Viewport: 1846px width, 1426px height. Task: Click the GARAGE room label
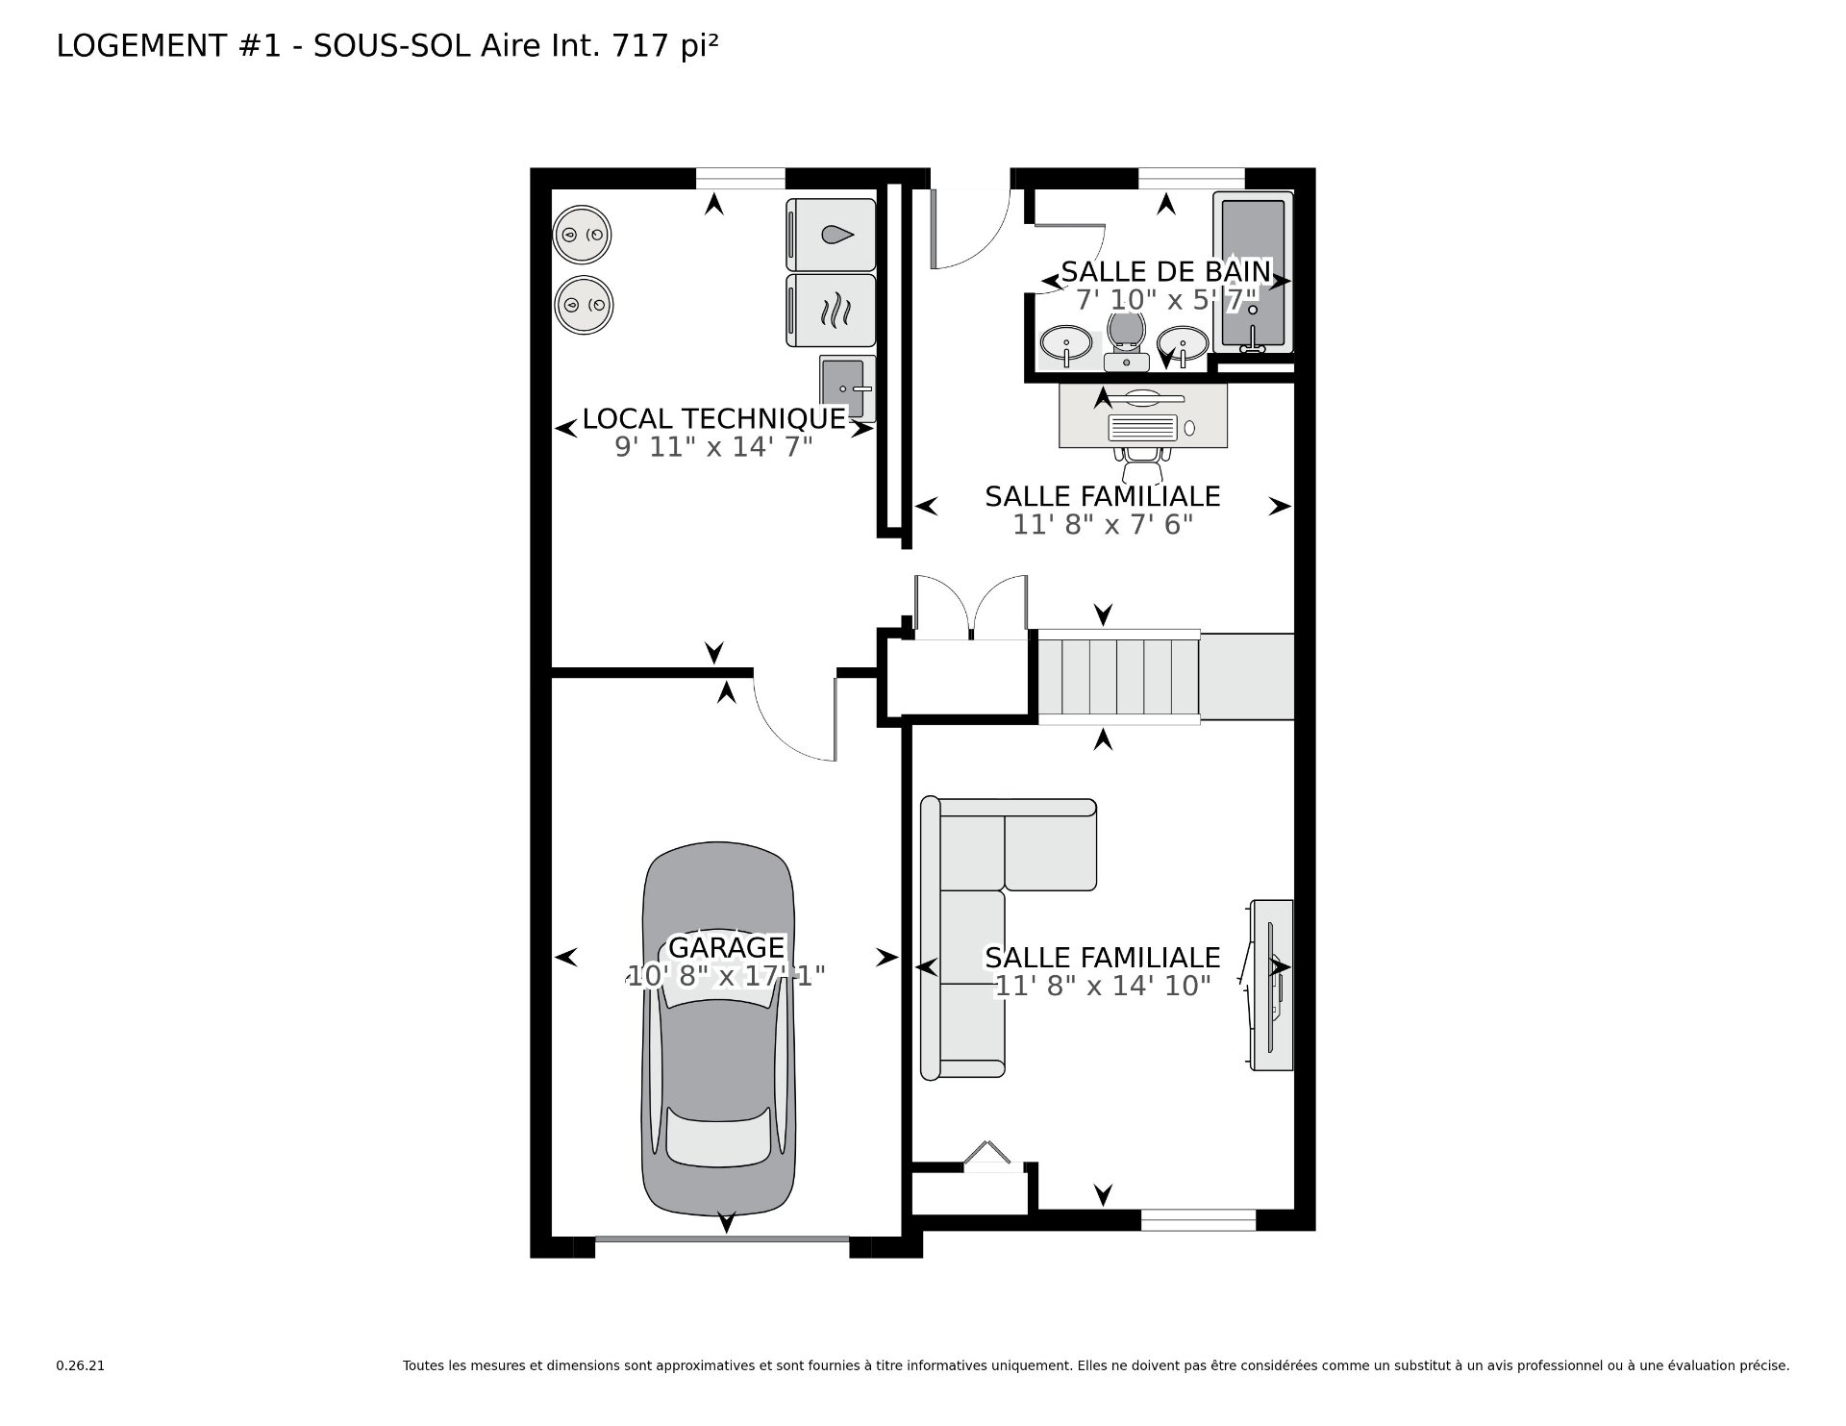[726, 947]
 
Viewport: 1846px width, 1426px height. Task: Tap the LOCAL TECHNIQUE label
[714, 418]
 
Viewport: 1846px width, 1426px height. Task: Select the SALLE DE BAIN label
[1166, 271]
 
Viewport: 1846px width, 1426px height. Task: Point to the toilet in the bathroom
[1125, 341]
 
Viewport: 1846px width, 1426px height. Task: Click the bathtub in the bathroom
[1253, 273]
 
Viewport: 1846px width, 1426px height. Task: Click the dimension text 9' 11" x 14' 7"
[714, 447]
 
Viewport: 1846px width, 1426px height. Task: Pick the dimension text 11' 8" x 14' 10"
[1103, 986]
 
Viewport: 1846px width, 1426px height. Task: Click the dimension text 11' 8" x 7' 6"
[1103, 524]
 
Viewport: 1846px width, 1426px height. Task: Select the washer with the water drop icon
[832, 235]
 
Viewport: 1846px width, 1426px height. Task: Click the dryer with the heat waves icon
[832, 311]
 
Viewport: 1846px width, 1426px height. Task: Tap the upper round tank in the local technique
[583, 235]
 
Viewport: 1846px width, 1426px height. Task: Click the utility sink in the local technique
[848, 387]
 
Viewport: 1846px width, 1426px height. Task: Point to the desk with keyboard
[1143, 415]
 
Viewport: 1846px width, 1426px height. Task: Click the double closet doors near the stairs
[972, 607]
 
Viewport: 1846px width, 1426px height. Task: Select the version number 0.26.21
[80, 1365]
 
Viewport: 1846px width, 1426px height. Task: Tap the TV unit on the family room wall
[1271, 985]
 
